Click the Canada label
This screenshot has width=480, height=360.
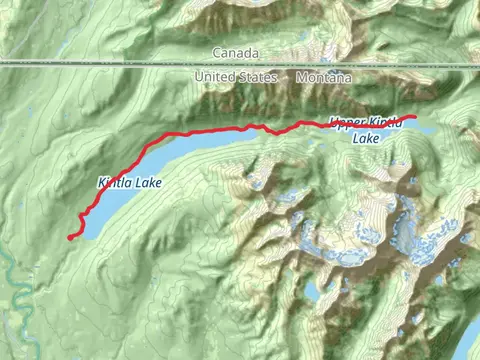tap(235, 52)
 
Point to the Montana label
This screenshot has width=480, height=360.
tap(324, 77)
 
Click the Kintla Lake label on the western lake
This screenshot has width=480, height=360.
tap(129, 184)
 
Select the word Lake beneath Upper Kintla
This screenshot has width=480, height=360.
tap(367, 140)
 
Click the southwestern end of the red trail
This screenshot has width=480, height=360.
tap(69, 238)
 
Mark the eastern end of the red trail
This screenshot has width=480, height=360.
tap(414, 117)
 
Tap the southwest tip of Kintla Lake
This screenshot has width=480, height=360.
tap(84, 232)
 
